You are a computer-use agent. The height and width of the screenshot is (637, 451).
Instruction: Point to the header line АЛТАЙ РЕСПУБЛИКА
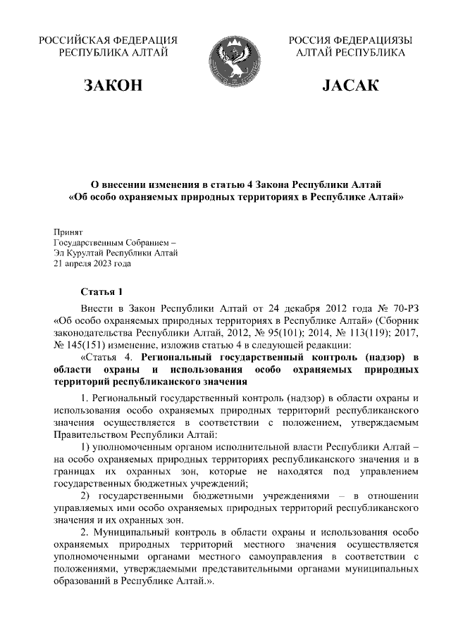click(350, 52)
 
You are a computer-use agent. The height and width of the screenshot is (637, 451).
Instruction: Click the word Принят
click(68, 231)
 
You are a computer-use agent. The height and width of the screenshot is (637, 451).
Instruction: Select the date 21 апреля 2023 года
click(92, 265)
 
